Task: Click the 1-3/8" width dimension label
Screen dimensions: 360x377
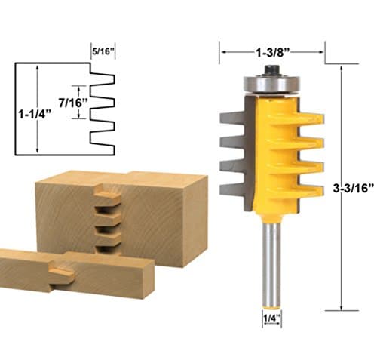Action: coord(272,53)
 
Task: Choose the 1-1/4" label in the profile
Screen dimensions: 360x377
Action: coord(34,114)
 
